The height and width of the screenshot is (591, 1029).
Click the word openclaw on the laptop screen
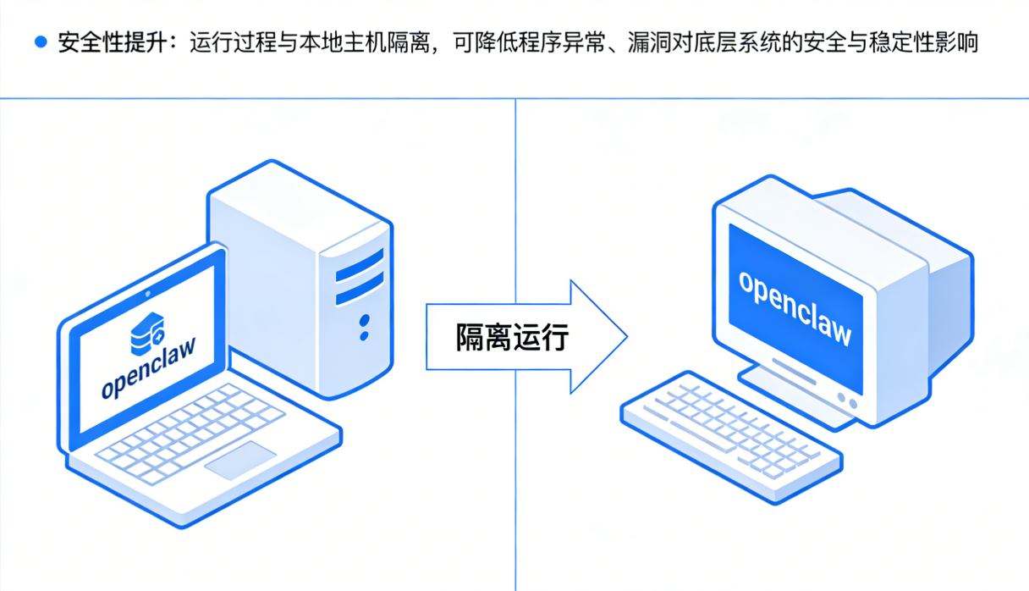coord(149,371)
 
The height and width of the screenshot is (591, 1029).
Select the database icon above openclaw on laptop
coord(146,334)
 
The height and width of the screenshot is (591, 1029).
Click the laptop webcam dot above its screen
coord(149,294)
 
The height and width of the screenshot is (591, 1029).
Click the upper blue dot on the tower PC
coord(365,321)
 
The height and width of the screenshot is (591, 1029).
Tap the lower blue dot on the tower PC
coord(364,336)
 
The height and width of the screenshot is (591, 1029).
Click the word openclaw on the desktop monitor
coord(795,308)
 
